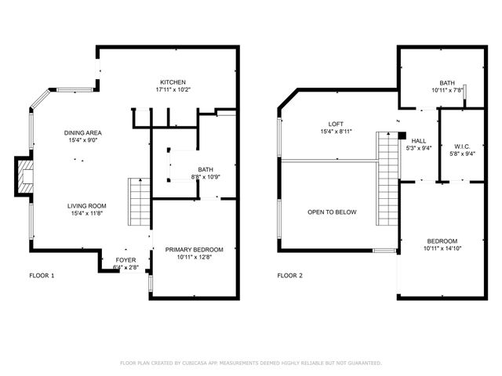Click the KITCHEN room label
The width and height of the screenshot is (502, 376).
173,82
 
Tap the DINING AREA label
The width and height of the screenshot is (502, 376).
83,133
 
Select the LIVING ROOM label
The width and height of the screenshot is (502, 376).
85,205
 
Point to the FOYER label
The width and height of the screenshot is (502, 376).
125,259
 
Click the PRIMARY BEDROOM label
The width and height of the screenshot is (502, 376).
194,250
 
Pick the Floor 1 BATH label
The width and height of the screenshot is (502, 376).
205,169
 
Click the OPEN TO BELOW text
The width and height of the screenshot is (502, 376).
332,212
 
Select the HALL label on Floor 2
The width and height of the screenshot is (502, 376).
418,141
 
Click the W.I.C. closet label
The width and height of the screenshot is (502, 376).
462,146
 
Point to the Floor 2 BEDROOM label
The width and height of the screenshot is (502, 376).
442,241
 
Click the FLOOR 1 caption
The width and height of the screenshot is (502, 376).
42,276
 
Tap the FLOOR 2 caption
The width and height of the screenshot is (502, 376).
290,276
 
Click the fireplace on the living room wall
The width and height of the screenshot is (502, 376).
24,176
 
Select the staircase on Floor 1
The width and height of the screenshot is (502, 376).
139,201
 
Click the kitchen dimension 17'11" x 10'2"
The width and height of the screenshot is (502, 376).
173,89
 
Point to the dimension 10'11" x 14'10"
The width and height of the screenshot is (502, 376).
442,248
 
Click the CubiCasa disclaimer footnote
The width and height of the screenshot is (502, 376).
250,363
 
